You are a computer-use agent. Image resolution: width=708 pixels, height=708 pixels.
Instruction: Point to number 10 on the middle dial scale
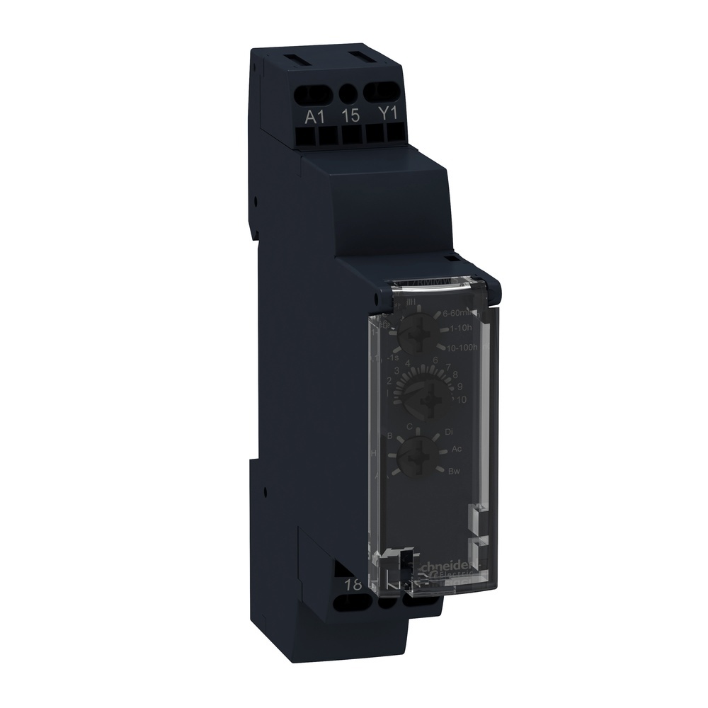tap(462, 400)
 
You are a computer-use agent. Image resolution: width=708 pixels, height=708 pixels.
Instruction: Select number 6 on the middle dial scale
tap(435, 360)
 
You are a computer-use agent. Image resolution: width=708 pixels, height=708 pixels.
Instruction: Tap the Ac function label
tap(457, 450)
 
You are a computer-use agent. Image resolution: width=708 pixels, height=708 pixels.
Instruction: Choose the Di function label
tap(448, 431)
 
